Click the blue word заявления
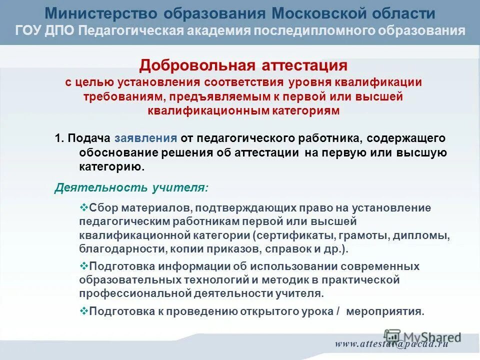click(145, 138)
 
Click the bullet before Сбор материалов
click(84, 207)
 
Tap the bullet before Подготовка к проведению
click(84, 310)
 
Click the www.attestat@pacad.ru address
click(391, 344)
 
